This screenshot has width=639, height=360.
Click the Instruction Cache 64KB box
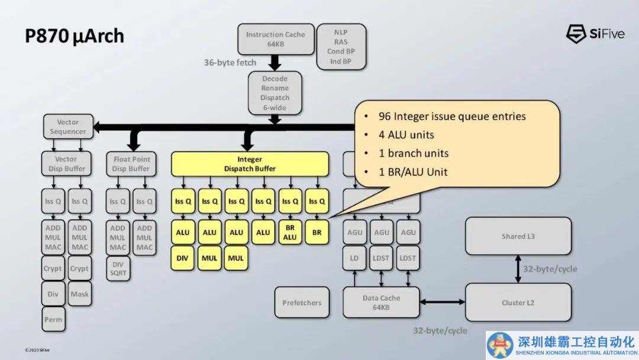click(275, 39)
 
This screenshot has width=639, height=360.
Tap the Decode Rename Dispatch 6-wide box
click(275, 92)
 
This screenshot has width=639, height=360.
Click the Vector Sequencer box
click(68, 127)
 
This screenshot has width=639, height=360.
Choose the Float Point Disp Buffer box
click(131, 164)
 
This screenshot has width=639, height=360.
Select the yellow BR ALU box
click(290, 232)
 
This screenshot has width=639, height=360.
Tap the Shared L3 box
click(518, 236)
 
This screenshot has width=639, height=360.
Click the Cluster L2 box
click(518, 303)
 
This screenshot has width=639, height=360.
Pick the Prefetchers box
click(302, 303)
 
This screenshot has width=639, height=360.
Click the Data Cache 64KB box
click(381, 303)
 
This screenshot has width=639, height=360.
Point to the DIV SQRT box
click(118, 269)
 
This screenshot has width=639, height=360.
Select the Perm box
click(53, 320)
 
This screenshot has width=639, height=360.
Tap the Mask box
click(79, 294)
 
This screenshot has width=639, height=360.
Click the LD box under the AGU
click(354, 258)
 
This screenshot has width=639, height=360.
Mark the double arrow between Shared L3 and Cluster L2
click(518, 269)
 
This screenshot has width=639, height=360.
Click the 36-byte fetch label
click(230, 62)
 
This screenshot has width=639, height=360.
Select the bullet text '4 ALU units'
click(406, 134)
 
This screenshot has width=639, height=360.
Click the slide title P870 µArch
click(75, 36)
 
